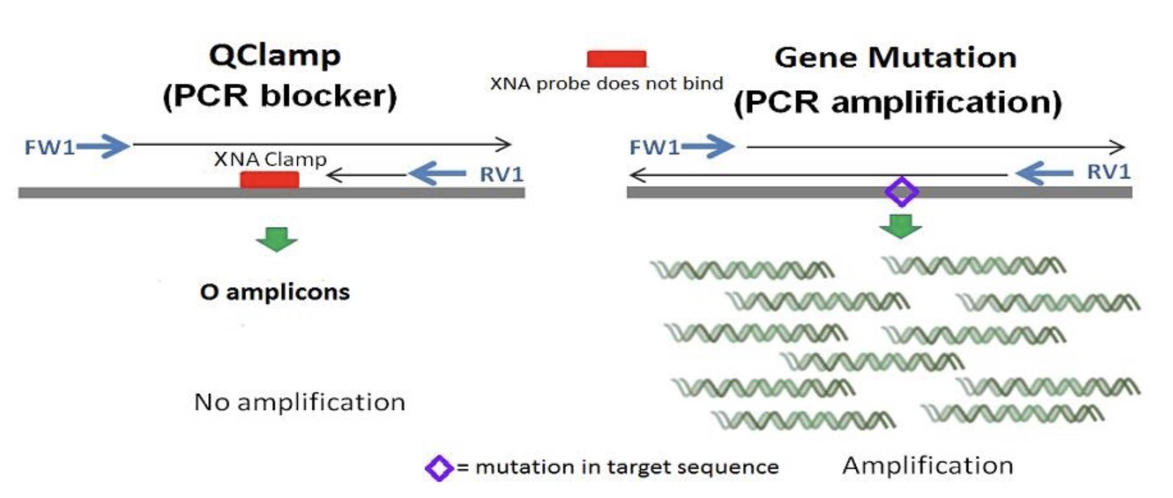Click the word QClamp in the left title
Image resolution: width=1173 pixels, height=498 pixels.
275,56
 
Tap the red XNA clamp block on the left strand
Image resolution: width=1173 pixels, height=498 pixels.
269,180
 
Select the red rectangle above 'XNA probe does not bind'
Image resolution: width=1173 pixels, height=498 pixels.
616,59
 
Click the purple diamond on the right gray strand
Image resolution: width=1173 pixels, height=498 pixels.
901,192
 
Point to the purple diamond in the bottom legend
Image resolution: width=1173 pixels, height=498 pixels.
439,468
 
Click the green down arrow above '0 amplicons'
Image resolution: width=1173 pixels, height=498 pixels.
277,239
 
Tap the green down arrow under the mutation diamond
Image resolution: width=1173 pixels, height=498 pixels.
900,226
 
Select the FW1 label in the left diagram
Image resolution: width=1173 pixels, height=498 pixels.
49,147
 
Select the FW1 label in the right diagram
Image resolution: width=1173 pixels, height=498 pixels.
653,147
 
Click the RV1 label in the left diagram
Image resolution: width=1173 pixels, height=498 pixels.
501,175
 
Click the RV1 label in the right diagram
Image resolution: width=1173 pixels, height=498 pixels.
1108,172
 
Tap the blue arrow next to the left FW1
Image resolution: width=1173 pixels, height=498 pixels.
104,146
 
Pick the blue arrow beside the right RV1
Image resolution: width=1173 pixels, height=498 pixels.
1044,173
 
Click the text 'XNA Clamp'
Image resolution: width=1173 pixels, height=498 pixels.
270,160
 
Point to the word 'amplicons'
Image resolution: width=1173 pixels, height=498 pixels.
287,292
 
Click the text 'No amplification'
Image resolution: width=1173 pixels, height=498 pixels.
299,402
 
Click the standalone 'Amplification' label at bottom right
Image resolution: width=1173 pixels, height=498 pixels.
928,466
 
